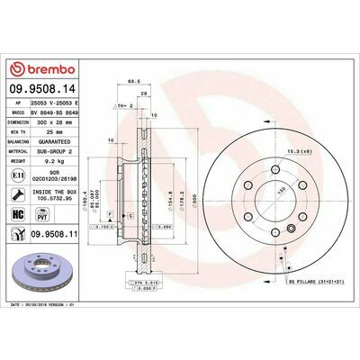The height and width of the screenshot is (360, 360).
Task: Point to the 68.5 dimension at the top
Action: pos(132,82)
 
